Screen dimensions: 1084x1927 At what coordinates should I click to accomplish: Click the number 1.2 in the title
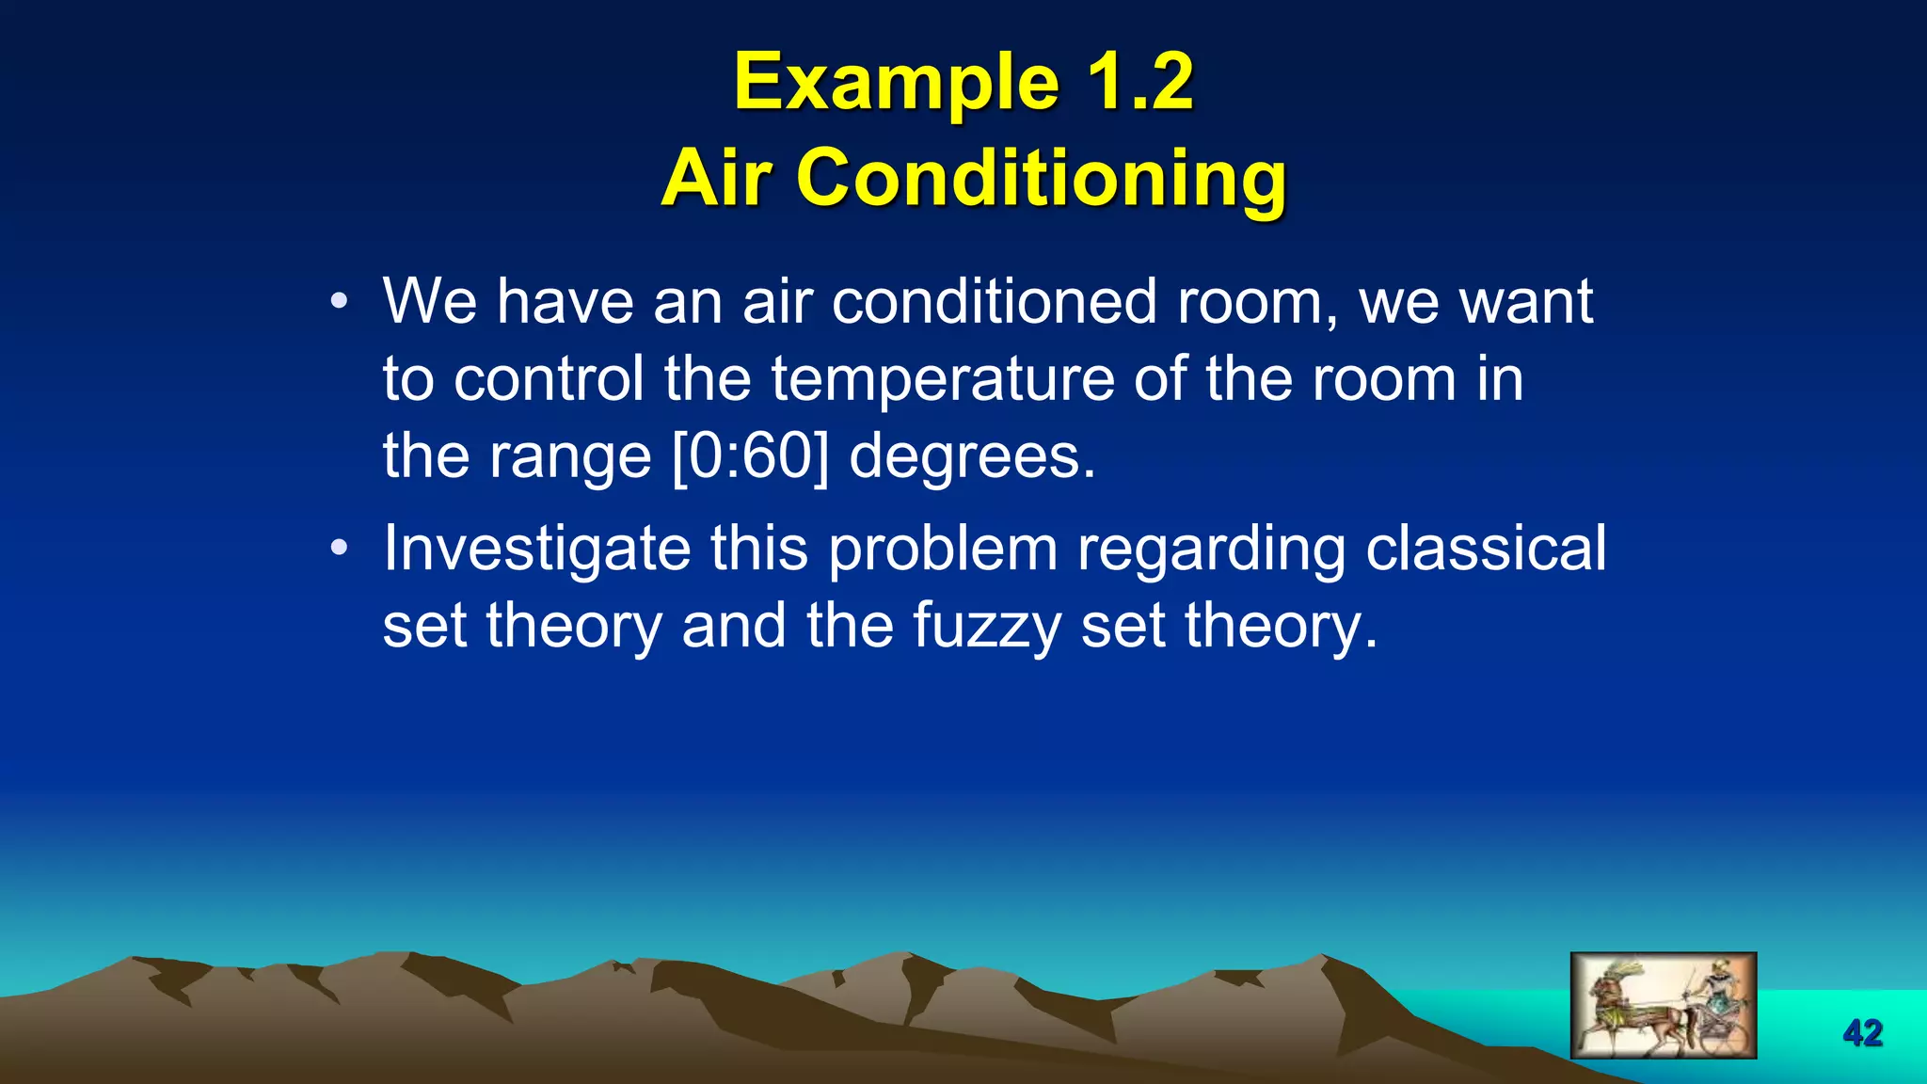(x=1140, y=83)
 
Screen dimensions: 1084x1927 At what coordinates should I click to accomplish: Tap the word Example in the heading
(x=895, y=83)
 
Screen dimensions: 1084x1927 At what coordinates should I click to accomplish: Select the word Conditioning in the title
(x=1042, y=179)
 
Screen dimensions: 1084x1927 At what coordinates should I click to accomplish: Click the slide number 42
(x=1862, y=1033)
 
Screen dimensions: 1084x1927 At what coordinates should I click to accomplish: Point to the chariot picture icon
(x=1663, y=1005)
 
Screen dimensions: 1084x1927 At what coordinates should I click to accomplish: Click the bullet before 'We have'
(x=340, y=303)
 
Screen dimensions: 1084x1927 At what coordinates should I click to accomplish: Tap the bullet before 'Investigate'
(x=340, y=548)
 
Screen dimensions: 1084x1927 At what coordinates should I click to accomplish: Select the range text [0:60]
(x=751, y=456)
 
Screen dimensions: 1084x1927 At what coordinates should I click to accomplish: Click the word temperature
(x=943, y=379)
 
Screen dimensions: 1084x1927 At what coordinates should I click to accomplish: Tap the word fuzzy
(x=986, y=626)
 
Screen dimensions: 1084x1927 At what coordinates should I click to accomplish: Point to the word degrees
(x=971, y=456)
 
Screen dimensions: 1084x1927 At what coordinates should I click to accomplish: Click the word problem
(x=943, y=550)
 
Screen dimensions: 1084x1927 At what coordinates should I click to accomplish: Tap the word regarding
(x=1211, y=550)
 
